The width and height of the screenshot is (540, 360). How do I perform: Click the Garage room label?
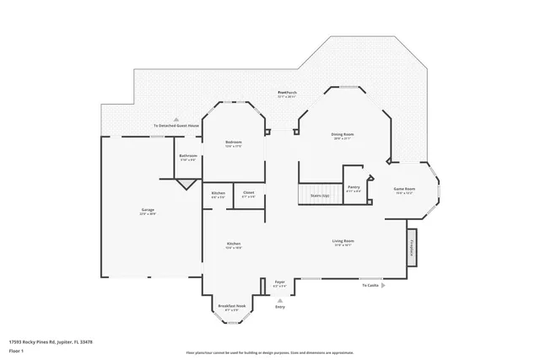[x=148, y=210]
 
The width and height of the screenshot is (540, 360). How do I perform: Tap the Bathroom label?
[x=188, y=156]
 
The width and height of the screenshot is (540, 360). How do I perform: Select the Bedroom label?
[x=233, y=142]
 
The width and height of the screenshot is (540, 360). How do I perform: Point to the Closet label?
[x=249, y=193]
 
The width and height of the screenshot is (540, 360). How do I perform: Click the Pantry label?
[x=354, y=187]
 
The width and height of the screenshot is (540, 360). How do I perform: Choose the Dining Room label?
[x=342, y=135]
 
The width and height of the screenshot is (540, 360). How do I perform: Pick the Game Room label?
[x=405, y=190]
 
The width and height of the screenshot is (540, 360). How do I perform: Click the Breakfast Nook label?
[x=232, y=306]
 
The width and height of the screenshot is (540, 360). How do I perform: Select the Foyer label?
[x=279, y=283]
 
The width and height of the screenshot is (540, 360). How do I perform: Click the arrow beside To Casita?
[x=385, y=286]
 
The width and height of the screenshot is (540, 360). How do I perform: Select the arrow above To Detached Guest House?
[x=176, y=120]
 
